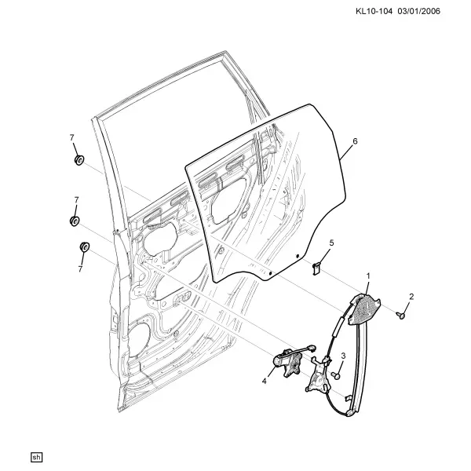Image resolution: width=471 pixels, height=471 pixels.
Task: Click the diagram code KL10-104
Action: click(x=374, y=12)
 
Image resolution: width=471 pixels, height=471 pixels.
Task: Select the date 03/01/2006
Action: click(x=419, y=12)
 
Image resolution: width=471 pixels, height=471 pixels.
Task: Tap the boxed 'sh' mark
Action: click(x=36, y=458)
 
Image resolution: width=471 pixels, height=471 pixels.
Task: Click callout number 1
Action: click(x=368, y=276)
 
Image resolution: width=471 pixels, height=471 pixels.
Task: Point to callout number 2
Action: click(x=411, y=297)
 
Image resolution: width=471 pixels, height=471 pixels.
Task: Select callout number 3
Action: click(x=343, y=356)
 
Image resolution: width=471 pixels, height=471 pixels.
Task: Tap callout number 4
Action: click(x=264, y=382)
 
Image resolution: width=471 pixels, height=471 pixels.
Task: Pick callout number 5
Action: click(x=331, y=243)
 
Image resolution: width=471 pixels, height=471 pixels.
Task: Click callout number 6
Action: click(x=355, y=141)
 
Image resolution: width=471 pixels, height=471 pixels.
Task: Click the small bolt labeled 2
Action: click(x=401, y=315)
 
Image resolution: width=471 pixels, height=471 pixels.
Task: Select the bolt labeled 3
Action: click(x=336, y=375)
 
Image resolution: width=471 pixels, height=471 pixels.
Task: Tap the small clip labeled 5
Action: click(x=316, y=268)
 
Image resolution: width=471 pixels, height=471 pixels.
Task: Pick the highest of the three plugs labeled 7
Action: click(x=79, y=160)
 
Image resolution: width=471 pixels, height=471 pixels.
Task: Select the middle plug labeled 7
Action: click(x=75, y=221)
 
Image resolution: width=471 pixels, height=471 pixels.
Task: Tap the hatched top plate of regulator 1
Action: click(x=363, y=309)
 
